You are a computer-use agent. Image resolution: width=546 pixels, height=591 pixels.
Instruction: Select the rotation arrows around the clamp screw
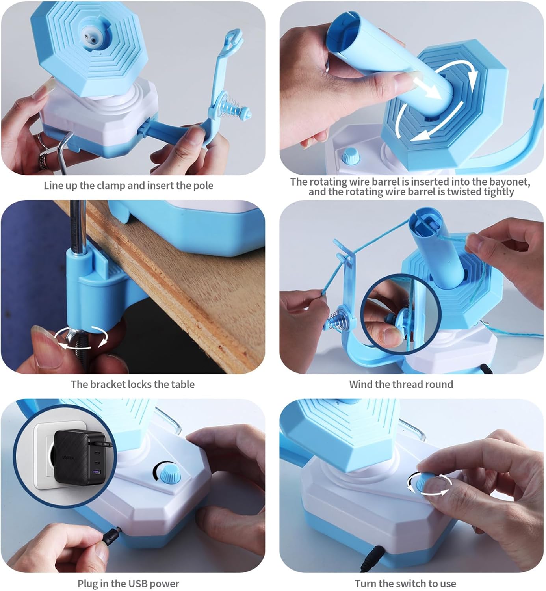81,338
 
